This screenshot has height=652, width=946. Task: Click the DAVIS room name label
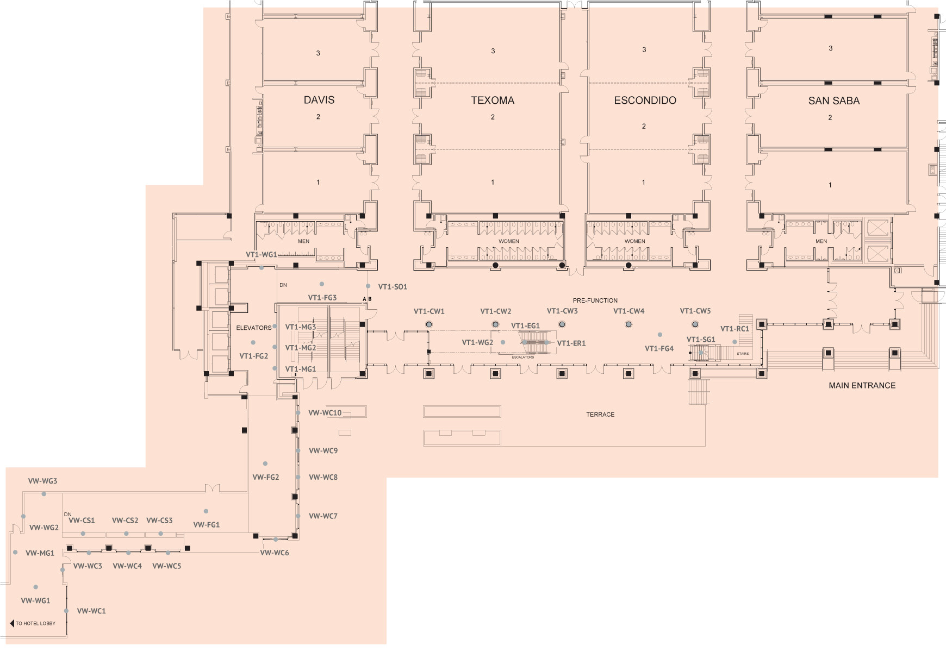coord(319,100)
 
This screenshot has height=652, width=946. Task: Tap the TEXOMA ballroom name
coord(493,101)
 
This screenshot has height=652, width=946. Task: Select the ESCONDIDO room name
coord(645,101)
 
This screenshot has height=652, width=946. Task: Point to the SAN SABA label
coord(833,101)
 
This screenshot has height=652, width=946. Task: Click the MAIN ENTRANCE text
coord(862,386)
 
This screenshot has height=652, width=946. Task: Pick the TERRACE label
coord(600,415)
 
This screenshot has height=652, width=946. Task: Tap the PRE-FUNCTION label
coord(595,300)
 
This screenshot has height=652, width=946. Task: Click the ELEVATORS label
coord(253,328)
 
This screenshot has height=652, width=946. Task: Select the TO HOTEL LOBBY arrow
coord(12,623)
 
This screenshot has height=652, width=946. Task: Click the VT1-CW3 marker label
coord(562,311)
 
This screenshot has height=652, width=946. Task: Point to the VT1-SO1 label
coord(393,287)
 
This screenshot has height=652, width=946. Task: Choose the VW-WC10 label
coord(325,413)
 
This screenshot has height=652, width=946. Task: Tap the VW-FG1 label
coord(207,525)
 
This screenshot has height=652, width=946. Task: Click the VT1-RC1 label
coord(735,329)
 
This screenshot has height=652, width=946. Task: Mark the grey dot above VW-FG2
coord(265,463)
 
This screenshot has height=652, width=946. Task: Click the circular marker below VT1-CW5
coord(695,324)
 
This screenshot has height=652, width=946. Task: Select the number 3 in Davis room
coord(318,53)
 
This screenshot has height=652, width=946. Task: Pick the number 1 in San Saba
coord(830,185)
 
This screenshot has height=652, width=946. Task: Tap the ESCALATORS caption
coord(522,357)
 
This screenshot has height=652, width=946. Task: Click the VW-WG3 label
coord(42,481)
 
